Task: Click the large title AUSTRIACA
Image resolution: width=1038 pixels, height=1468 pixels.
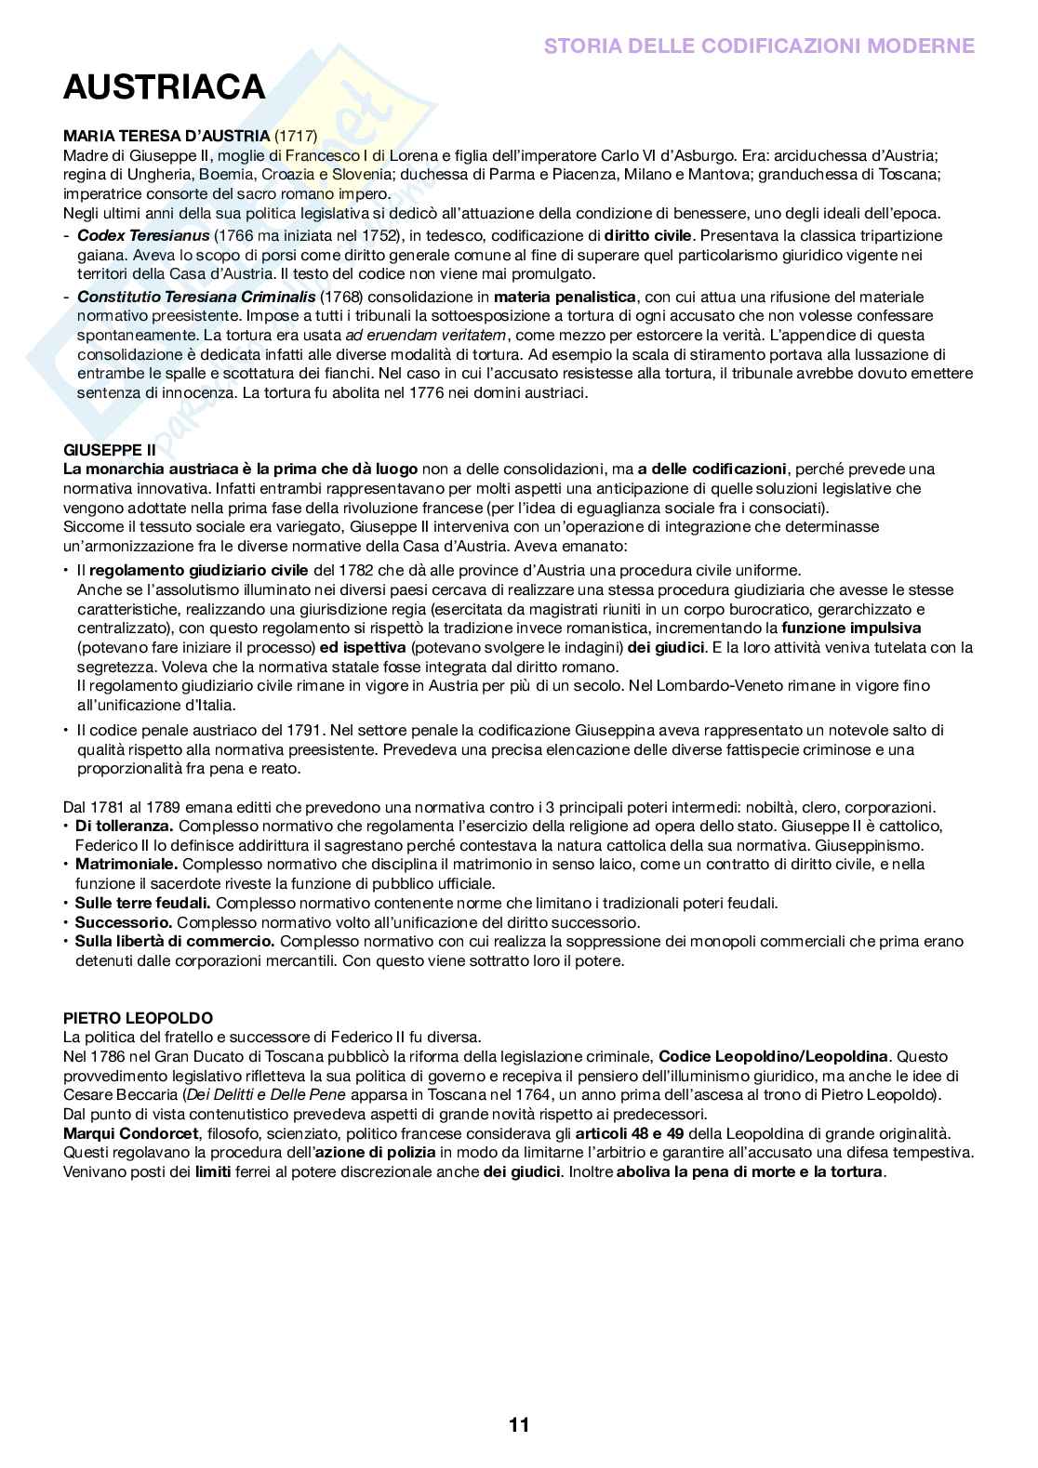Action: point(164,87)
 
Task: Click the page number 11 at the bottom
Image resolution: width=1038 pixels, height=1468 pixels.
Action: point(519,1424)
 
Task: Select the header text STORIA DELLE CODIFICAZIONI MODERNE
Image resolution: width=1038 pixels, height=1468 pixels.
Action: point(759,46)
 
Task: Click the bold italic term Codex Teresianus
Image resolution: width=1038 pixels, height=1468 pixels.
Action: point(143,236)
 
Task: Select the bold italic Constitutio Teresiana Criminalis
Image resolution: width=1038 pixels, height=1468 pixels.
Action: point(196,297)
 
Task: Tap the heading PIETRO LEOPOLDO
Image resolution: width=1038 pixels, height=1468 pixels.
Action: point(138,1018)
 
